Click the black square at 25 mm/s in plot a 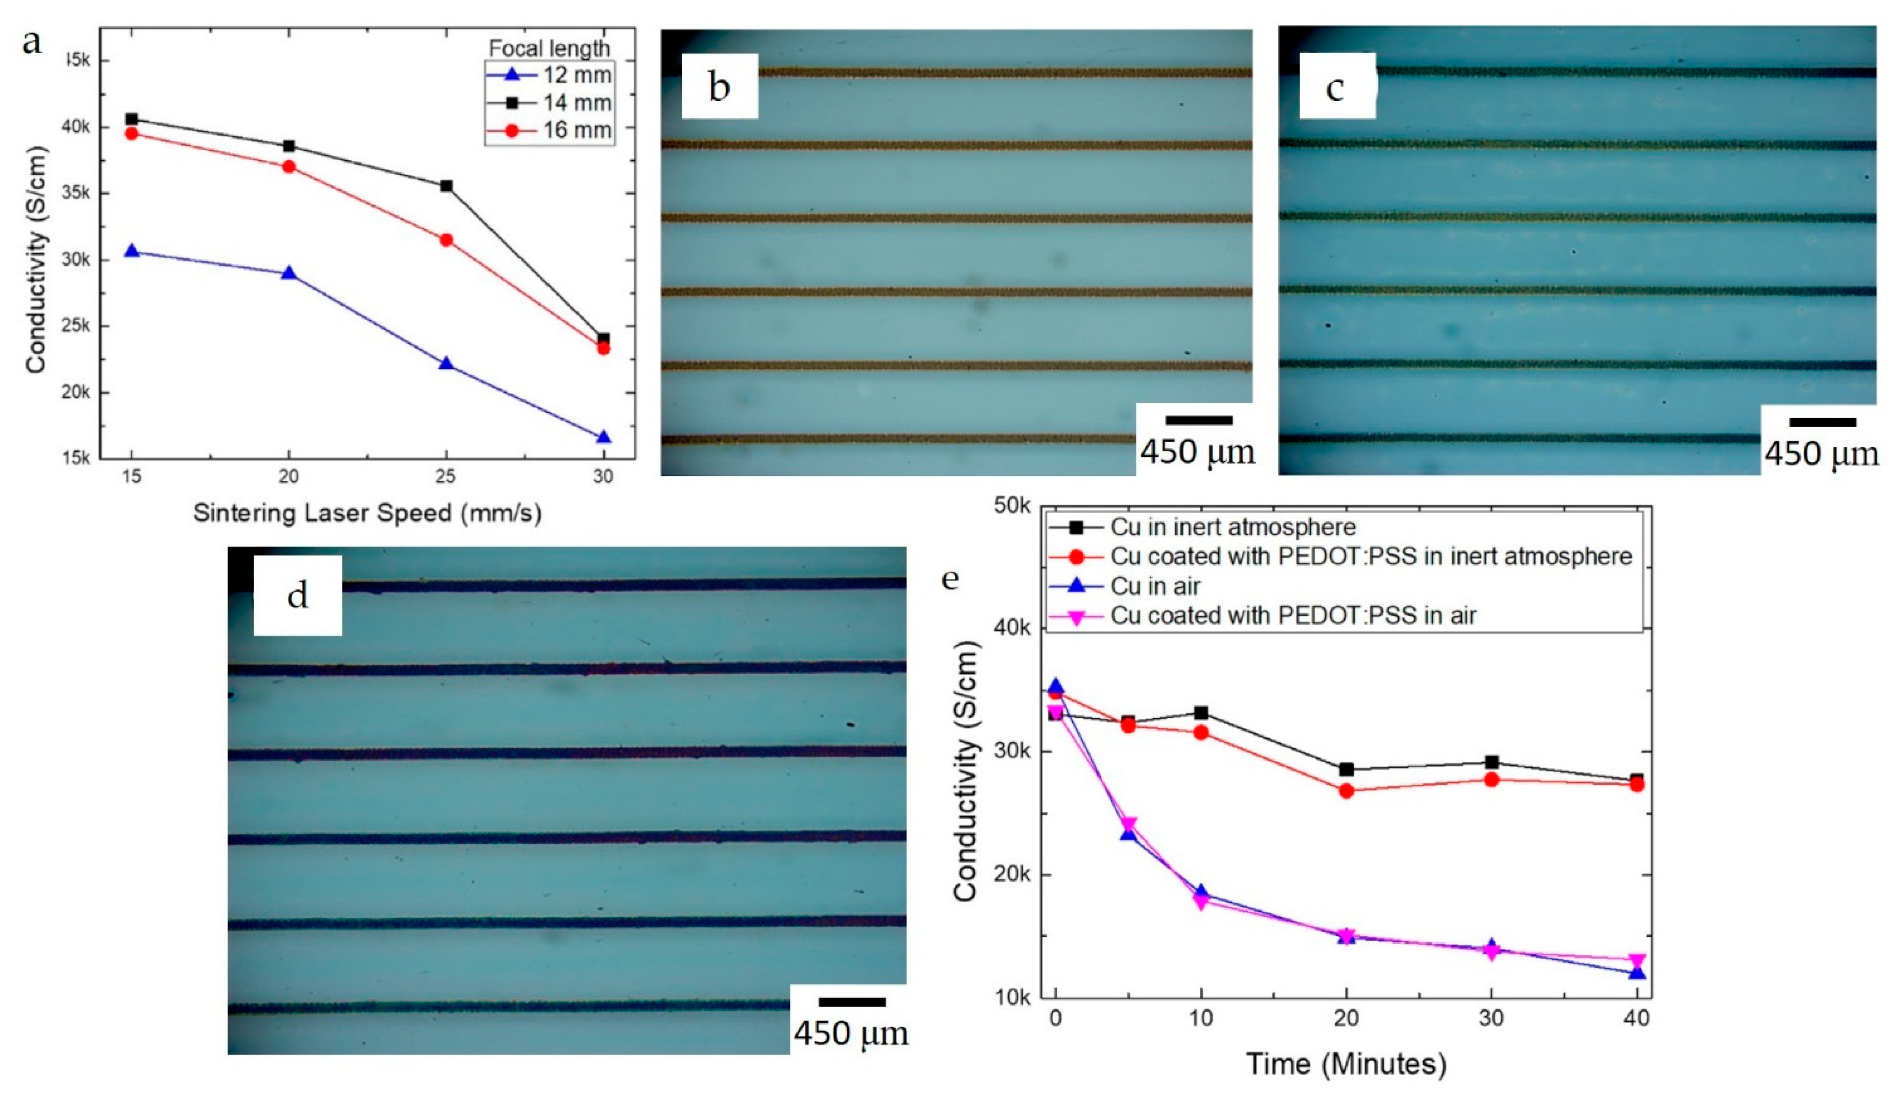[446, 185]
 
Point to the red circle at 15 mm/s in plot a [132, 134]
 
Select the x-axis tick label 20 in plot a [288, 476]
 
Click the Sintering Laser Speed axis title [367, 513]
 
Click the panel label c [1336, 87]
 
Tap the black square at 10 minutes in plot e [1201, 712]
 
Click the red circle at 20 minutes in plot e [1346, 790]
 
